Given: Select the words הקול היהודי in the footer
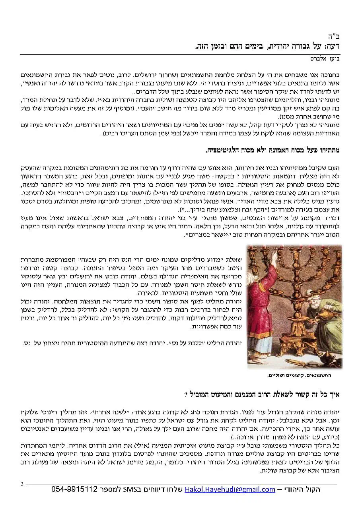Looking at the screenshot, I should (303, 489).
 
